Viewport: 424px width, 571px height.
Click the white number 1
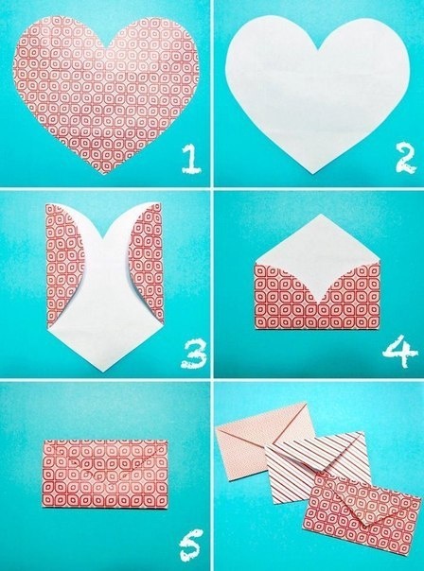[190, 159]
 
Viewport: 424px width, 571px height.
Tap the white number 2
[405, 158]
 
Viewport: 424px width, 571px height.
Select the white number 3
[193, 354]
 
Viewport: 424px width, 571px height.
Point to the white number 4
[399, 352]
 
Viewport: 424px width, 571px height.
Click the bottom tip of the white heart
[313, 174]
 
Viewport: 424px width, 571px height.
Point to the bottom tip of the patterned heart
[105, 174]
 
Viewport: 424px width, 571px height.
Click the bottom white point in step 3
[103, 372]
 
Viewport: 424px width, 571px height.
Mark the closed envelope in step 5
[105, 474]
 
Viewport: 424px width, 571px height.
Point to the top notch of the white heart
[318, 48]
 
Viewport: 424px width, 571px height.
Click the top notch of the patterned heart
[106, 48]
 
